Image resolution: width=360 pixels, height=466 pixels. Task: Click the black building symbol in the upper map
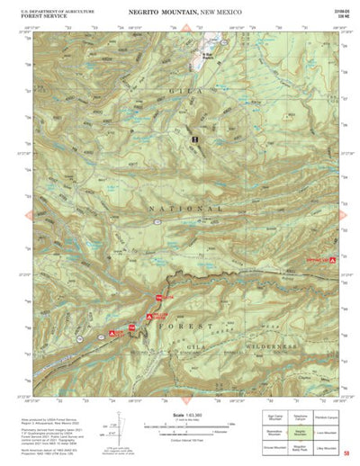[194, 140]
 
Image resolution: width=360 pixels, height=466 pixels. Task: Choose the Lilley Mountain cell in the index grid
[328, 446]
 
